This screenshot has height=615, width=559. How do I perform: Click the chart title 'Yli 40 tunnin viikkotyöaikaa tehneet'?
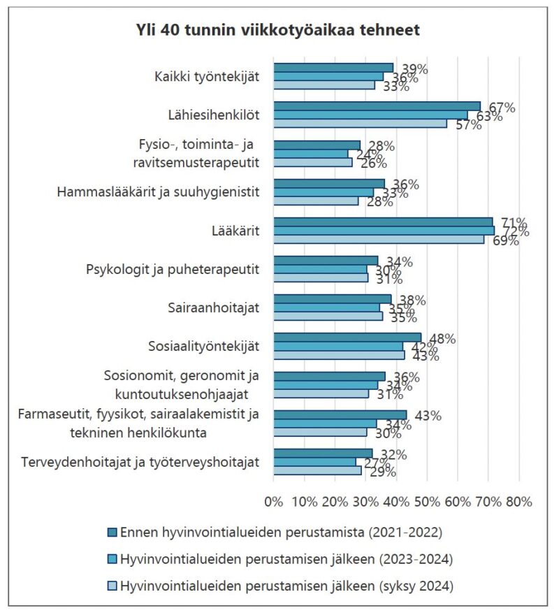coord(278,31)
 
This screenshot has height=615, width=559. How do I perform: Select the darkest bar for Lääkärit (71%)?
coord(383,222)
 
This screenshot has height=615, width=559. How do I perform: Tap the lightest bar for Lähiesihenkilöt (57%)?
coord(360,124)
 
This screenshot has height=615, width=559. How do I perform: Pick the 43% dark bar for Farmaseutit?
coord(340,414)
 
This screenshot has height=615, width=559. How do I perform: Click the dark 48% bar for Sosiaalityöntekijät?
coord(347,338)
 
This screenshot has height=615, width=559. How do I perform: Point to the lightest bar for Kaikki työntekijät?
coord(324,85)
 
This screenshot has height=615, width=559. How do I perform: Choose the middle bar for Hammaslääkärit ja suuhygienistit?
coord(324,191)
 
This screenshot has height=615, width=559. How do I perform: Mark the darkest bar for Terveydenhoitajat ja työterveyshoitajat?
coord(323,453)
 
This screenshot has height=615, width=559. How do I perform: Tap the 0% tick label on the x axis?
coord(274,501)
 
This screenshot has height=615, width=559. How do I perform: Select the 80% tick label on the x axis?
coord(518,501)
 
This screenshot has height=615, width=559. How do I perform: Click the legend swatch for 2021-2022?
coord(112,533)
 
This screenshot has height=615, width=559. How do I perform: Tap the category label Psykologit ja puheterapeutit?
coord(173,268)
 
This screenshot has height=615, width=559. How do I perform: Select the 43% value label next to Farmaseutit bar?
coord(428,416)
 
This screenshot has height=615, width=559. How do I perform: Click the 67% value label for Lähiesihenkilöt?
coord(502,108)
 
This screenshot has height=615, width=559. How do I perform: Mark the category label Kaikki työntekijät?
coord(207,75)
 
